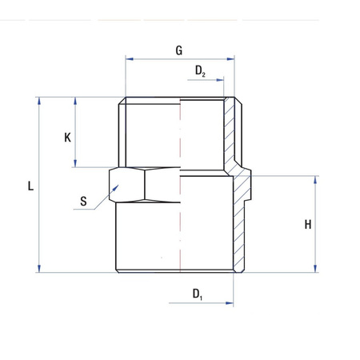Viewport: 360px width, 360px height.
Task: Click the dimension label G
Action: coord(179,50)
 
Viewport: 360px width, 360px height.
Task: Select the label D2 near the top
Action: coord(200,72)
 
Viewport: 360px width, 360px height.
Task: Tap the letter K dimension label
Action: coord(68,137)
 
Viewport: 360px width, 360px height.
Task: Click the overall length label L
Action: coord(30,186)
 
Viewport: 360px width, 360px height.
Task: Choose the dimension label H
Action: coord(307,225)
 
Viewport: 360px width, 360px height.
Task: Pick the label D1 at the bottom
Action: coord(197,294)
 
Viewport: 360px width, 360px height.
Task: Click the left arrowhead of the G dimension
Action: coord(128,58)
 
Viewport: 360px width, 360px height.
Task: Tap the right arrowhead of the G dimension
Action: coord(232,58)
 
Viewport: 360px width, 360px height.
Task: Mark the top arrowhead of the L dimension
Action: coord(38,100)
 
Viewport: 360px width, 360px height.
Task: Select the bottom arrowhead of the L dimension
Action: coord(38,270)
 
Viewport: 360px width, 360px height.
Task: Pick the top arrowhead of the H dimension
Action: coord(317,178)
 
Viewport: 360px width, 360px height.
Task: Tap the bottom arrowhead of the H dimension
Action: coord(317,270)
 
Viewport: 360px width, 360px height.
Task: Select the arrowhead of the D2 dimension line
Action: coord(222,81)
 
